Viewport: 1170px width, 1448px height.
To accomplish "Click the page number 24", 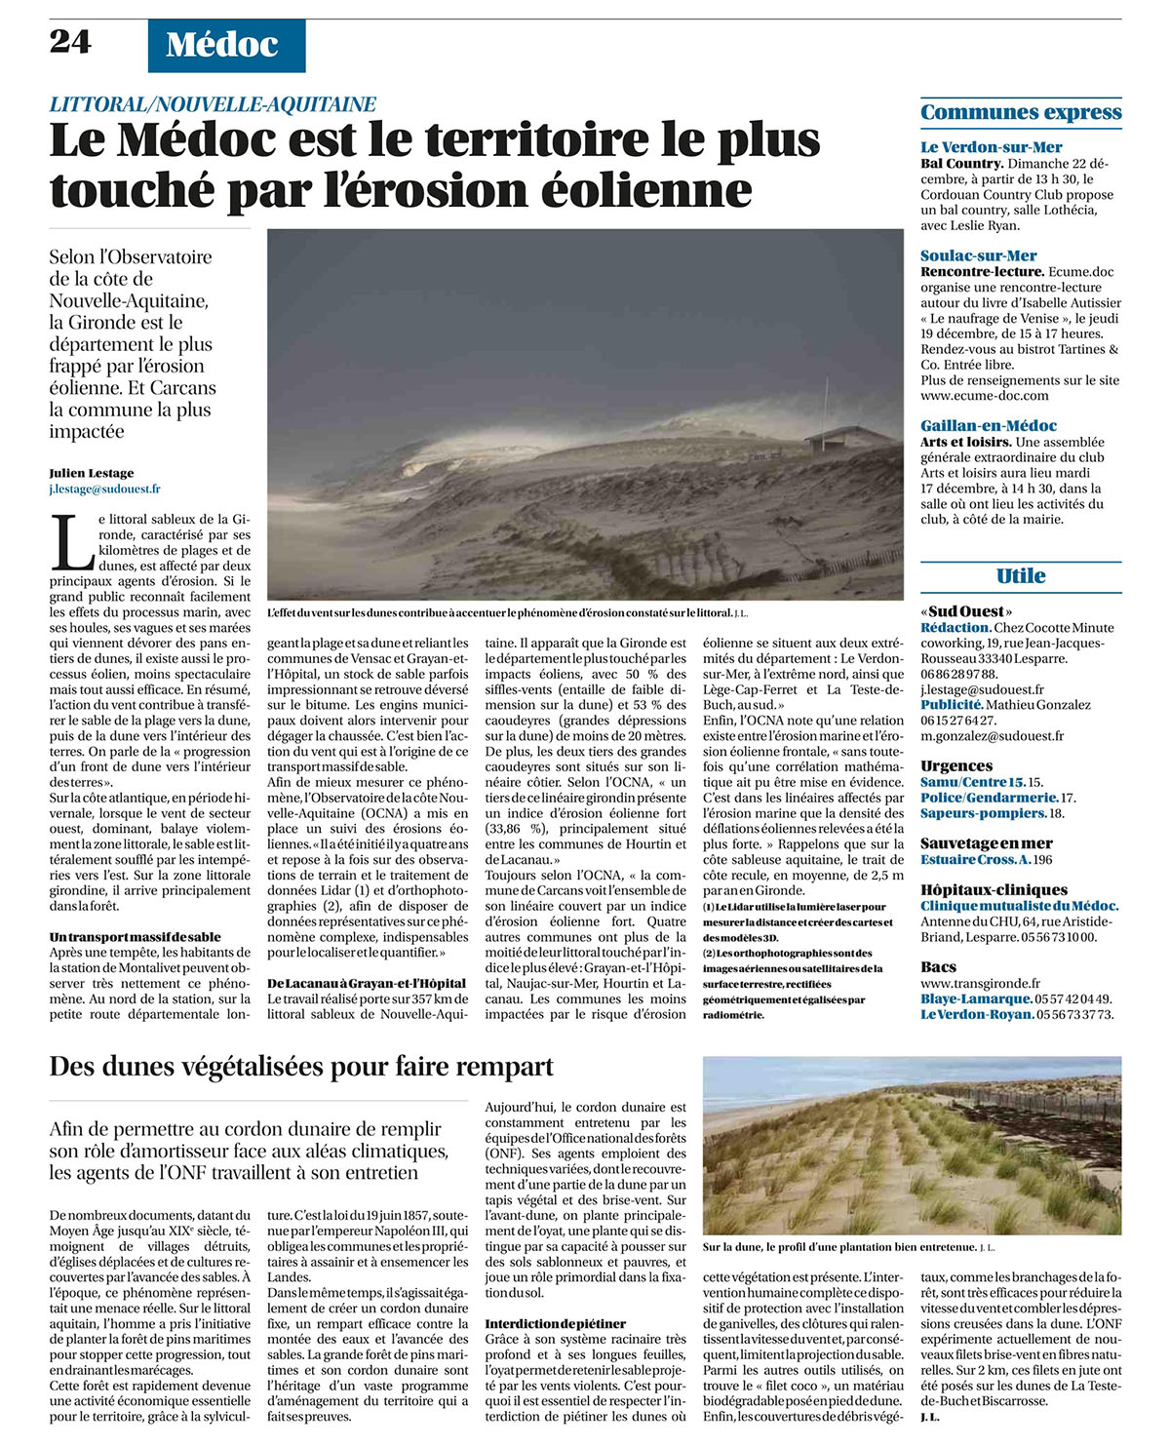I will (70, 41).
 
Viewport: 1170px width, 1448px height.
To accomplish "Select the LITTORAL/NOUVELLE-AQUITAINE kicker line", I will (213, 104).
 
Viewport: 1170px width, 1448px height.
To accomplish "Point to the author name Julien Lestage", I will (92, 473).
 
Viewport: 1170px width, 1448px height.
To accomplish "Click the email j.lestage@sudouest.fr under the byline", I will (105, 489).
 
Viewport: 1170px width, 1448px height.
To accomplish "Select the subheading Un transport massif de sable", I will (136, 937).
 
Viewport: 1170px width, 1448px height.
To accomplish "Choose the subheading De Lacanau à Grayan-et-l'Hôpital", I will (367, 983).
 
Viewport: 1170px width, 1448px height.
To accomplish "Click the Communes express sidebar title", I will (1021, 112).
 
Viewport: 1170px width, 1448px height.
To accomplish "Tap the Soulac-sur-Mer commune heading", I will (979, 255).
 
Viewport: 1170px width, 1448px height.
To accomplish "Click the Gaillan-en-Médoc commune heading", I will (989, 425).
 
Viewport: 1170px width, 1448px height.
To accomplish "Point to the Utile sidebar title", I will (1021, 575).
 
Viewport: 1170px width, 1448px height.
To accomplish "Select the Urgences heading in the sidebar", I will (956, 765).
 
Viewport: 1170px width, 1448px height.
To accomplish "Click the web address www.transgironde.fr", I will (980, 984).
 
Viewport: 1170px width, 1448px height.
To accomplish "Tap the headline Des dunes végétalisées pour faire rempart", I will (301, 1066).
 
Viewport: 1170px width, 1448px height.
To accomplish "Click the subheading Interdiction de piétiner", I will (556, 1323).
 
